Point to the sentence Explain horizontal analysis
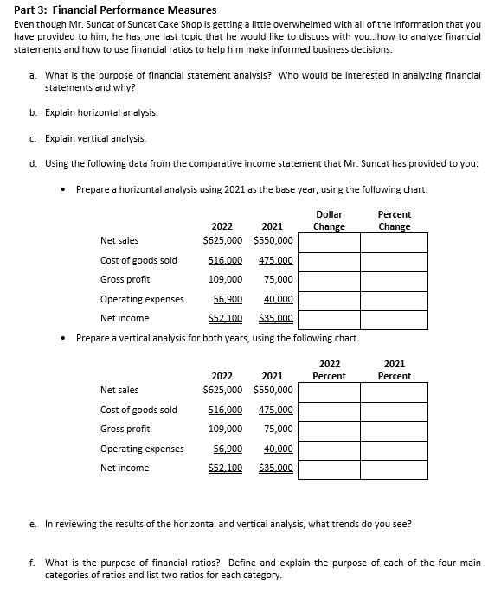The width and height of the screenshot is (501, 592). (101, 113)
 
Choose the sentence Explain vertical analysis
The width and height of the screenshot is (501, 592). (95, 138)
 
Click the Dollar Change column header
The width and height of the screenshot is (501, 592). (329, 220)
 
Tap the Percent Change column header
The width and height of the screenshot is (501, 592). (395, 220)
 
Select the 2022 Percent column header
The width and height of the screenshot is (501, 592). (329, 370)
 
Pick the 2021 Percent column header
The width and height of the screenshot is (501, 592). (395, 370)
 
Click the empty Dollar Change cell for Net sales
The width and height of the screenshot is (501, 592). (329, 242)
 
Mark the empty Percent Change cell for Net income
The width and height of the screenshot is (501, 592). (395, 319)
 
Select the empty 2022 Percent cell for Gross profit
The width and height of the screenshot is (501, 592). (329, 430)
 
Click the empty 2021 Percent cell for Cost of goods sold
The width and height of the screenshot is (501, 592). (395, 411)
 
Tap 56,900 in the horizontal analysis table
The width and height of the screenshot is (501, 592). (227, 299)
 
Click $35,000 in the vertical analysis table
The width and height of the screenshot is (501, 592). (276, 468)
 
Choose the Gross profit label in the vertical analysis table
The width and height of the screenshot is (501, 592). (125, 430)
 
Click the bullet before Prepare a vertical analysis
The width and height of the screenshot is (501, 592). (66, 338)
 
